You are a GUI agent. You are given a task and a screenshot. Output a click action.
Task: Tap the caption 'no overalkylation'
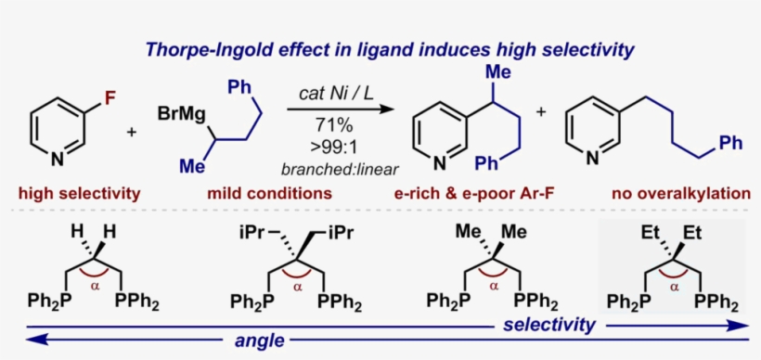[680, 194]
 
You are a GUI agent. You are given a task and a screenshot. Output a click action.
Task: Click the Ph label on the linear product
[731, 144]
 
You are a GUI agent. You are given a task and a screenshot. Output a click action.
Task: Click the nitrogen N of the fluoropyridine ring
[58, 160]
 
